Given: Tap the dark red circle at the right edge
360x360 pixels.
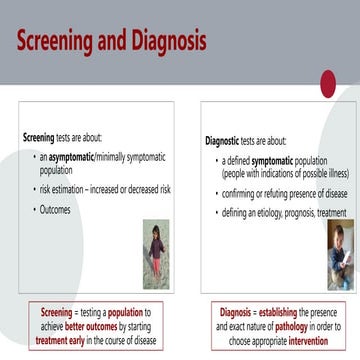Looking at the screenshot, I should point(352,85).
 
